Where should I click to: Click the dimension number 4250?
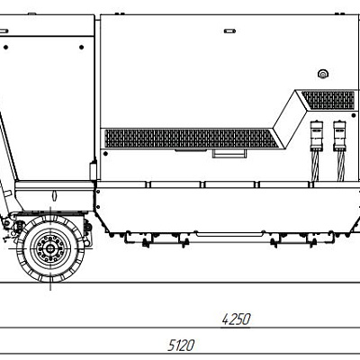tap(236, 319)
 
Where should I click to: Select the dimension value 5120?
tap(181, 346)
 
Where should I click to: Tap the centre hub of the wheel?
tap(50, 248)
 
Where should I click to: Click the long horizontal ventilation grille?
tap(192, 139)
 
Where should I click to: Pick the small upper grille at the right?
tap(328, 100)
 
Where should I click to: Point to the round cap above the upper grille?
tap(322, 74)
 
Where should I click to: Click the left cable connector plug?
tap(316, 136)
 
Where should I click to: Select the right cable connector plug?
tap(340, 136)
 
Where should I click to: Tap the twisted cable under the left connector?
tap(315, 166)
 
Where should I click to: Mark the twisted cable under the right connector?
tap(341, 166)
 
